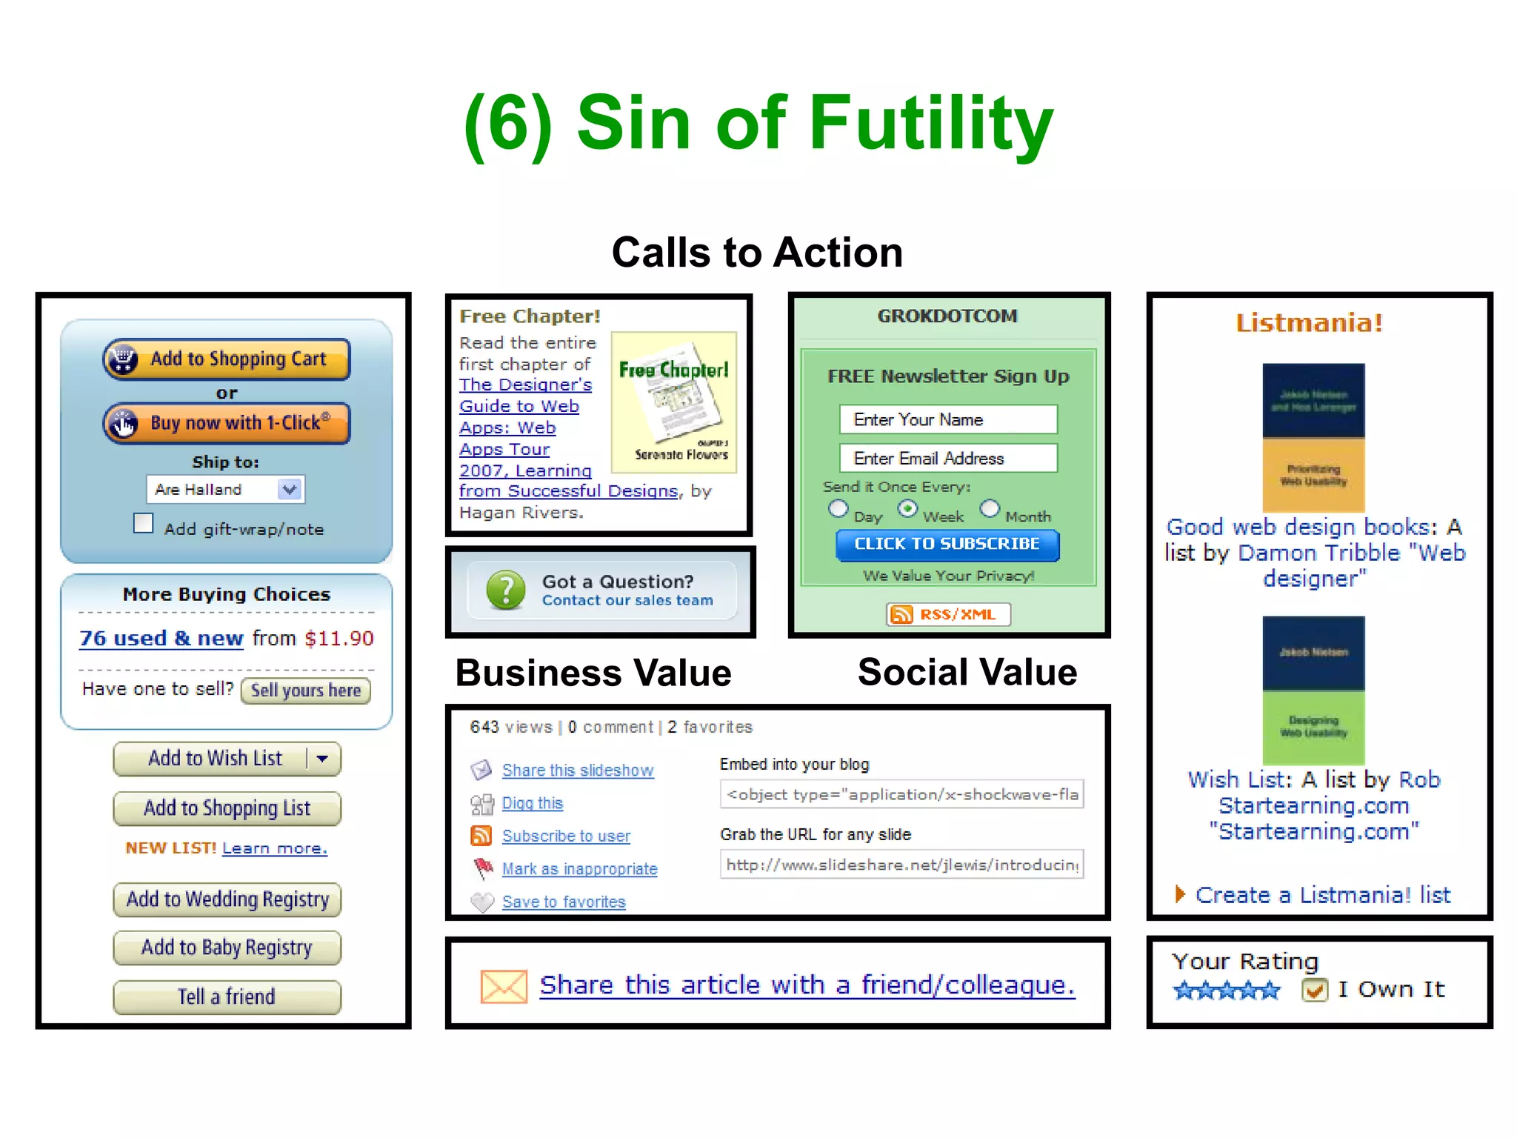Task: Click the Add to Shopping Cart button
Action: pyautogui.click(x=227, y=359)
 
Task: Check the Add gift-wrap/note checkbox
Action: pyautogui.click(x=144, y=524)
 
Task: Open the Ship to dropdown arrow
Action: pyautogui.click(x=290, y=490)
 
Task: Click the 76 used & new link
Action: pyautogui.click(x=161, y=639)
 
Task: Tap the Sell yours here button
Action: pyautogui.click(x=305, y=691)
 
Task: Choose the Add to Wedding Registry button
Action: pyautogui.click(x=227, y=899)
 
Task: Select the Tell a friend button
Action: pyautogui.click(x=227, y=997)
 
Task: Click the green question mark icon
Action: pyautogui.click(x=506, y=590)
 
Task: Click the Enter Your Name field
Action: pyautogui.click(x=948, y=420)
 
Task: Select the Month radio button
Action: pyautogui.click(x=990, y=509)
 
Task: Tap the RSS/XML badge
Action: pyautogui.click(x=948, y=614)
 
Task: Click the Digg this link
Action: pyautogui.click(x=533, y=803)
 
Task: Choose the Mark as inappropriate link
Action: pyautogui.click(x=579, y=869)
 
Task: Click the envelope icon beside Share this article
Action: pyautogui.click(x=504, y=986)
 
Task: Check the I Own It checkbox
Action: pyautogui.click(x=1314, y=990)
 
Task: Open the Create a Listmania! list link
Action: pyautogui.click(x=1322, y=895)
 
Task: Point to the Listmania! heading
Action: pyautogui.click(x=1309, y=323)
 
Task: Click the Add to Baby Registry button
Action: pyautogui.click(x=227, y=948)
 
